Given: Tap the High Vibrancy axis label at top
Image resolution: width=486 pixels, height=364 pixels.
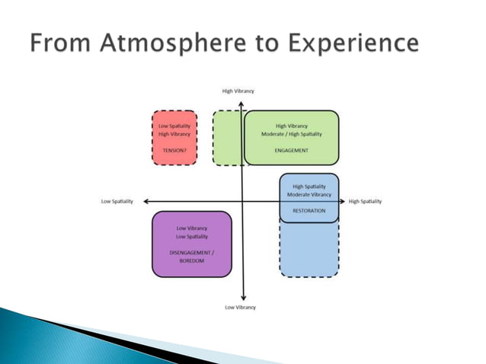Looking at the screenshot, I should tap(238, 91).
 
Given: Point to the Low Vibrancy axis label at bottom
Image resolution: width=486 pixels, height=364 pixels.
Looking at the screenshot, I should tap(240, 307).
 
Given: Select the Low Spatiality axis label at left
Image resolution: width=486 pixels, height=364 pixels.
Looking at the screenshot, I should tap(117, 201).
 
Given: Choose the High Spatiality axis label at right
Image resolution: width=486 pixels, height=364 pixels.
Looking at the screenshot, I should tap(365, 201).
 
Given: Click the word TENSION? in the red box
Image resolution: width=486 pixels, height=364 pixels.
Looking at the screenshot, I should tap(174, 150).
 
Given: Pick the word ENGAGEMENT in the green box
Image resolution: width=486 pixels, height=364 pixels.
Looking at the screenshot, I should tap(291, 150).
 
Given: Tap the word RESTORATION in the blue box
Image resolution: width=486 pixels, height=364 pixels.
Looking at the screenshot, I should tap(309, 210).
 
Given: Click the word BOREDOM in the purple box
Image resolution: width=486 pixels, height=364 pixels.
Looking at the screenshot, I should tap(191, 260).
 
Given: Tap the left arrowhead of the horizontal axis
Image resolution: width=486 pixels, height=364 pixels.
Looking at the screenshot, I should tap(145, 201).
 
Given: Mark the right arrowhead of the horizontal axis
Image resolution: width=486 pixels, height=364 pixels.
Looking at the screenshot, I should tap(341, 201).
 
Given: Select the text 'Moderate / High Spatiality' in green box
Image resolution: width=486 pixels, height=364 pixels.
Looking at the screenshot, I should tap(292, 134).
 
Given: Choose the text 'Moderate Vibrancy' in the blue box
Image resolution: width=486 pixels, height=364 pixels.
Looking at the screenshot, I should tap(309, 194).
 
